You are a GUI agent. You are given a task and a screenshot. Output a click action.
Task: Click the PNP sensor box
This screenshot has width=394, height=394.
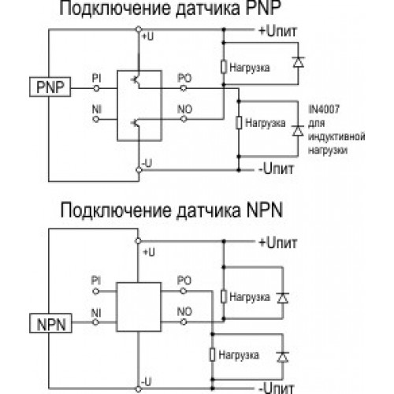point(50,87)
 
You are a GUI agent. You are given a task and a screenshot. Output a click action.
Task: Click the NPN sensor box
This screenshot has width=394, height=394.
point(50,323)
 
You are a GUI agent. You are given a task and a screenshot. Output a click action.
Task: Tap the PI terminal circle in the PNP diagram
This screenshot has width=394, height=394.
point(96,88)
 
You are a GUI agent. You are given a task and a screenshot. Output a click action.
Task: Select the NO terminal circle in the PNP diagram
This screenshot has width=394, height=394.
point(184,120)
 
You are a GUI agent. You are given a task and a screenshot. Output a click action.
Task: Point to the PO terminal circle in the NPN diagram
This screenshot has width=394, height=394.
point(184,291)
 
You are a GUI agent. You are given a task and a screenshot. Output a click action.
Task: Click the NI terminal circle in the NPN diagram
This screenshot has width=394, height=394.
point(95,322)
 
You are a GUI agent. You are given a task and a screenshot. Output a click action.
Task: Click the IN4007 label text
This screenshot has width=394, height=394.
point(324,109)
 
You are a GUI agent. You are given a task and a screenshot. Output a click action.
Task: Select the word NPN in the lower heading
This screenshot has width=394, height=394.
point(264,210)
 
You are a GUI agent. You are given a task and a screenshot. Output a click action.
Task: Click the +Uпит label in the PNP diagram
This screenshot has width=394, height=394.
point(277,31)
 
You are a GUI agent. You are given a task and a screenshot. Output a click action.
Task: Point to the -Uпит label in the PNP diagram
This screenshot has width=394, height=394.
point(276,169)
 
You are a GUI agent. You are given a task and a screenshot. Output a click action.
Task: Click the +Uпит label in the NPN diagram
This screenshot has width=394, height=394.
point(278,243)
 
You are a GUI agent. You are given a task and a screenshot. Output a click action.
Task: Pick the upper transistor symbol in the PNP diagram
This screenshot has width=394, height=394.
point(136,80)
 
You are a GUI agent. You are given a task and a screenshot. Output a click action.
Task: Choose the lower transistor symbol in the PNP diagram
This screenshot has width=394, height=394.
point(136,123)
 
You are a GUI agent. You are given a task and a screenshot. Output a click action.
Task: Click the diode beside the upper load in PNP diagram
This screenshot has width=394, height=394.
point(299,62)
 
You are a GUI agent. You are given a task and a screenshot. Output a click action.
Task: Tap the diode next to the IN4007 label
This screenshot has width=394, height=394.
point(298,131)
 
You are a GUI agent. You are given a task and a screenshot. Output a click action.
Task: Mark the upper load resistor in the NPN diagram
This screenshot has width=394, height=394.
point(224,296)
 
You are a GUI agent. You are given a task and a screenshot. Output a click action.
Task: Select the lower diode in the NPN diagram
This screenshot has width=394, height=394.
point(283,357)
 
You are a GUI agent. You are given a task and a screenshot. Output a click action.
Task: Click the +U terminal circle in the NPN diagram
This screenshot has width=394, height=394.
point(138,241)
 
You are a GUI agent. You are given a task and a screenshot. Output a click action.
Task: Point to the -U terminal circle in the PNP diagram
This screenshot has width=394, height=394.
point(139,169)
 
